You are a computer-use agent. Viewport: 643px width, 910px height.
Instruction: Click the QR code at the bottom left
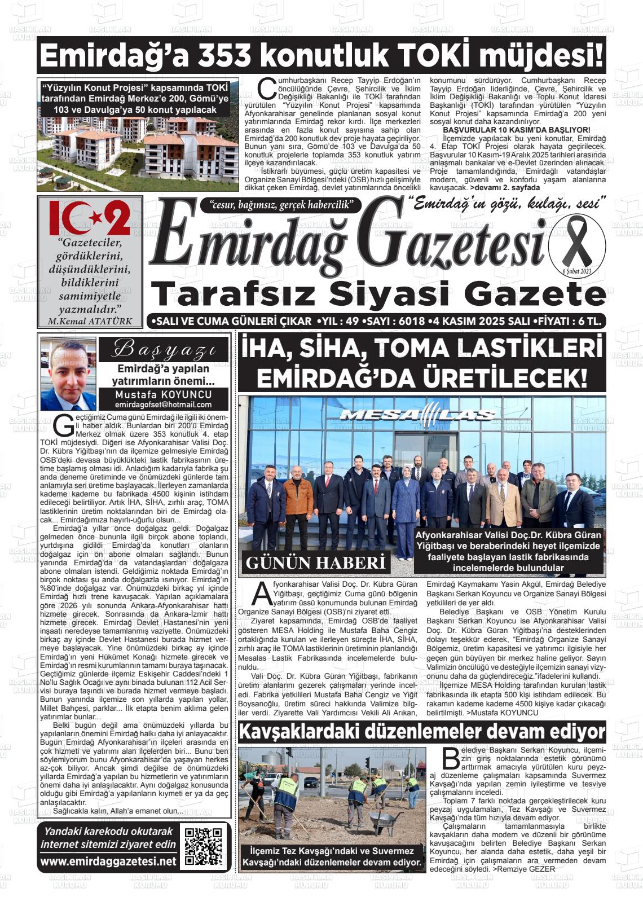coord(203,846)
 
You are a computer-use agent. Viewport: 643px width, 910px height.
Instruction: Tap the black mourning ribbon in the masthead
coord(576,243)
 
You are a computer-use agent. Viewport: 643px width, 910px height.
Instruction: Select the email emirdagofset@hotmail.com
coord(163,405)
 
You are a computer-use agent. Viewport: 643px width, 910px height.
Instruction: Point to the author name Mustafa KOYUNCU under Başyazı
coord(163,394)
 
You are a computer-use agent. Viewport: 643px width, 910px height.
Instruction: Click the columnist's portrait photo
coord(68,375)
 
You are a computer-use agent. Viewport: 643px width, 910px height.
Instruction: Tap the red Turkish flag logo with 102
coord(90,218)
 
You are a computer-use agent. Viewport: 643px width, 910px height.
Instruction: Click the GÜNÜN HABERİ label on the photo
coord(315,562)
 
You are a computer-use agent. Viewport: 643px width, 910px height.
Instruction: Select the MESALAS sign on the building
coord(417,416)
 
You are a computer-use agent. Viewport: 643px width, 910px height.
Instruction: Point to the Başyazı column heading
coord(163,350)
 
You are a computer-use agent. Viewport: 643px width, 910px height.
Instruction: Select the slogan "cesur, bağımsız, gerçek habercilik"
coord(280,205)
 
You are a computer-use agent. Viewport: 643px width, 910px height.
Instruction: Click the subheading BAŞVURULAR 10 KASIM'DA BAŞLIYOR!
coord(517,130)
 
